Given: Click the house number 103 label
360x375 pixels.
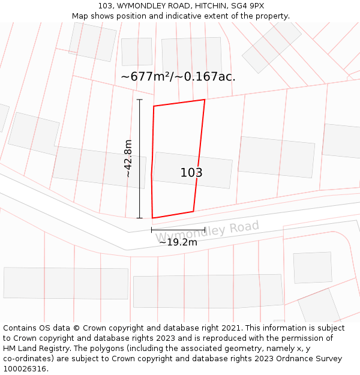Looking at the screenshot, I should tap(191, 173).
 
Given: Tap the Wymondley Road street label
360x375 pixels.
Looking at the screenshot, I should tap(207, 231).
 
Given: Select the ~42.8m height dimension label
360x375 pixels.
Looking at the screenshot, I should tap(128, 158).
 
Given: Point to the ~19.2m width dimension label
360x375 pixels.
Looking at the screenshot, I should tap(178, 242).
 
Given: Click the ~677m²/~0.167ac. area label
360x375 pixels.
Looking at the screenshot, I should tap(178, 77).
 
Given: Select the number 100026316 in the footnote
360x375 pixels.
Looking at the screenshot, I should tap(25, 369).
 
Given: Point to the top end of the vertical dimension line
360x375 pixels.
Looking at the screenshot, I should tap(140, 100).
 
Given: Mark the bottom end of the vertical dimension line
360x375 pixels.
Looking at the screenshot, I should tap(140, 218).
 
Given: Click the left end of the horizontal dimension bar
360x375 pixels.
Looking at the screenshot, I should tap(151, 229).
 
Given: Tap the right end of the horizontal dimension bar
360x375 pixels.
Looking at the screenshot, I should tap(205, 229).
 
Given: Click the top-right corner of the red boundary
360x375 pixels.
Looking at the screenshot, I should tap(205, 100).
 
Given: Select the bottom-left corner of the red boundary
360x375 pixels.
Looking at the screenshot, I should tap(152, 218).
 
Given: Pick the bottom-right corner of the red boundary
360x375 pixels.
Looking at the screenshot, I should tap(193, 211).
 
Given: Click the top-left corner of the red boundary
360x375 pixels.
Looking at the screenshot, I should tap(154, 107).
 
